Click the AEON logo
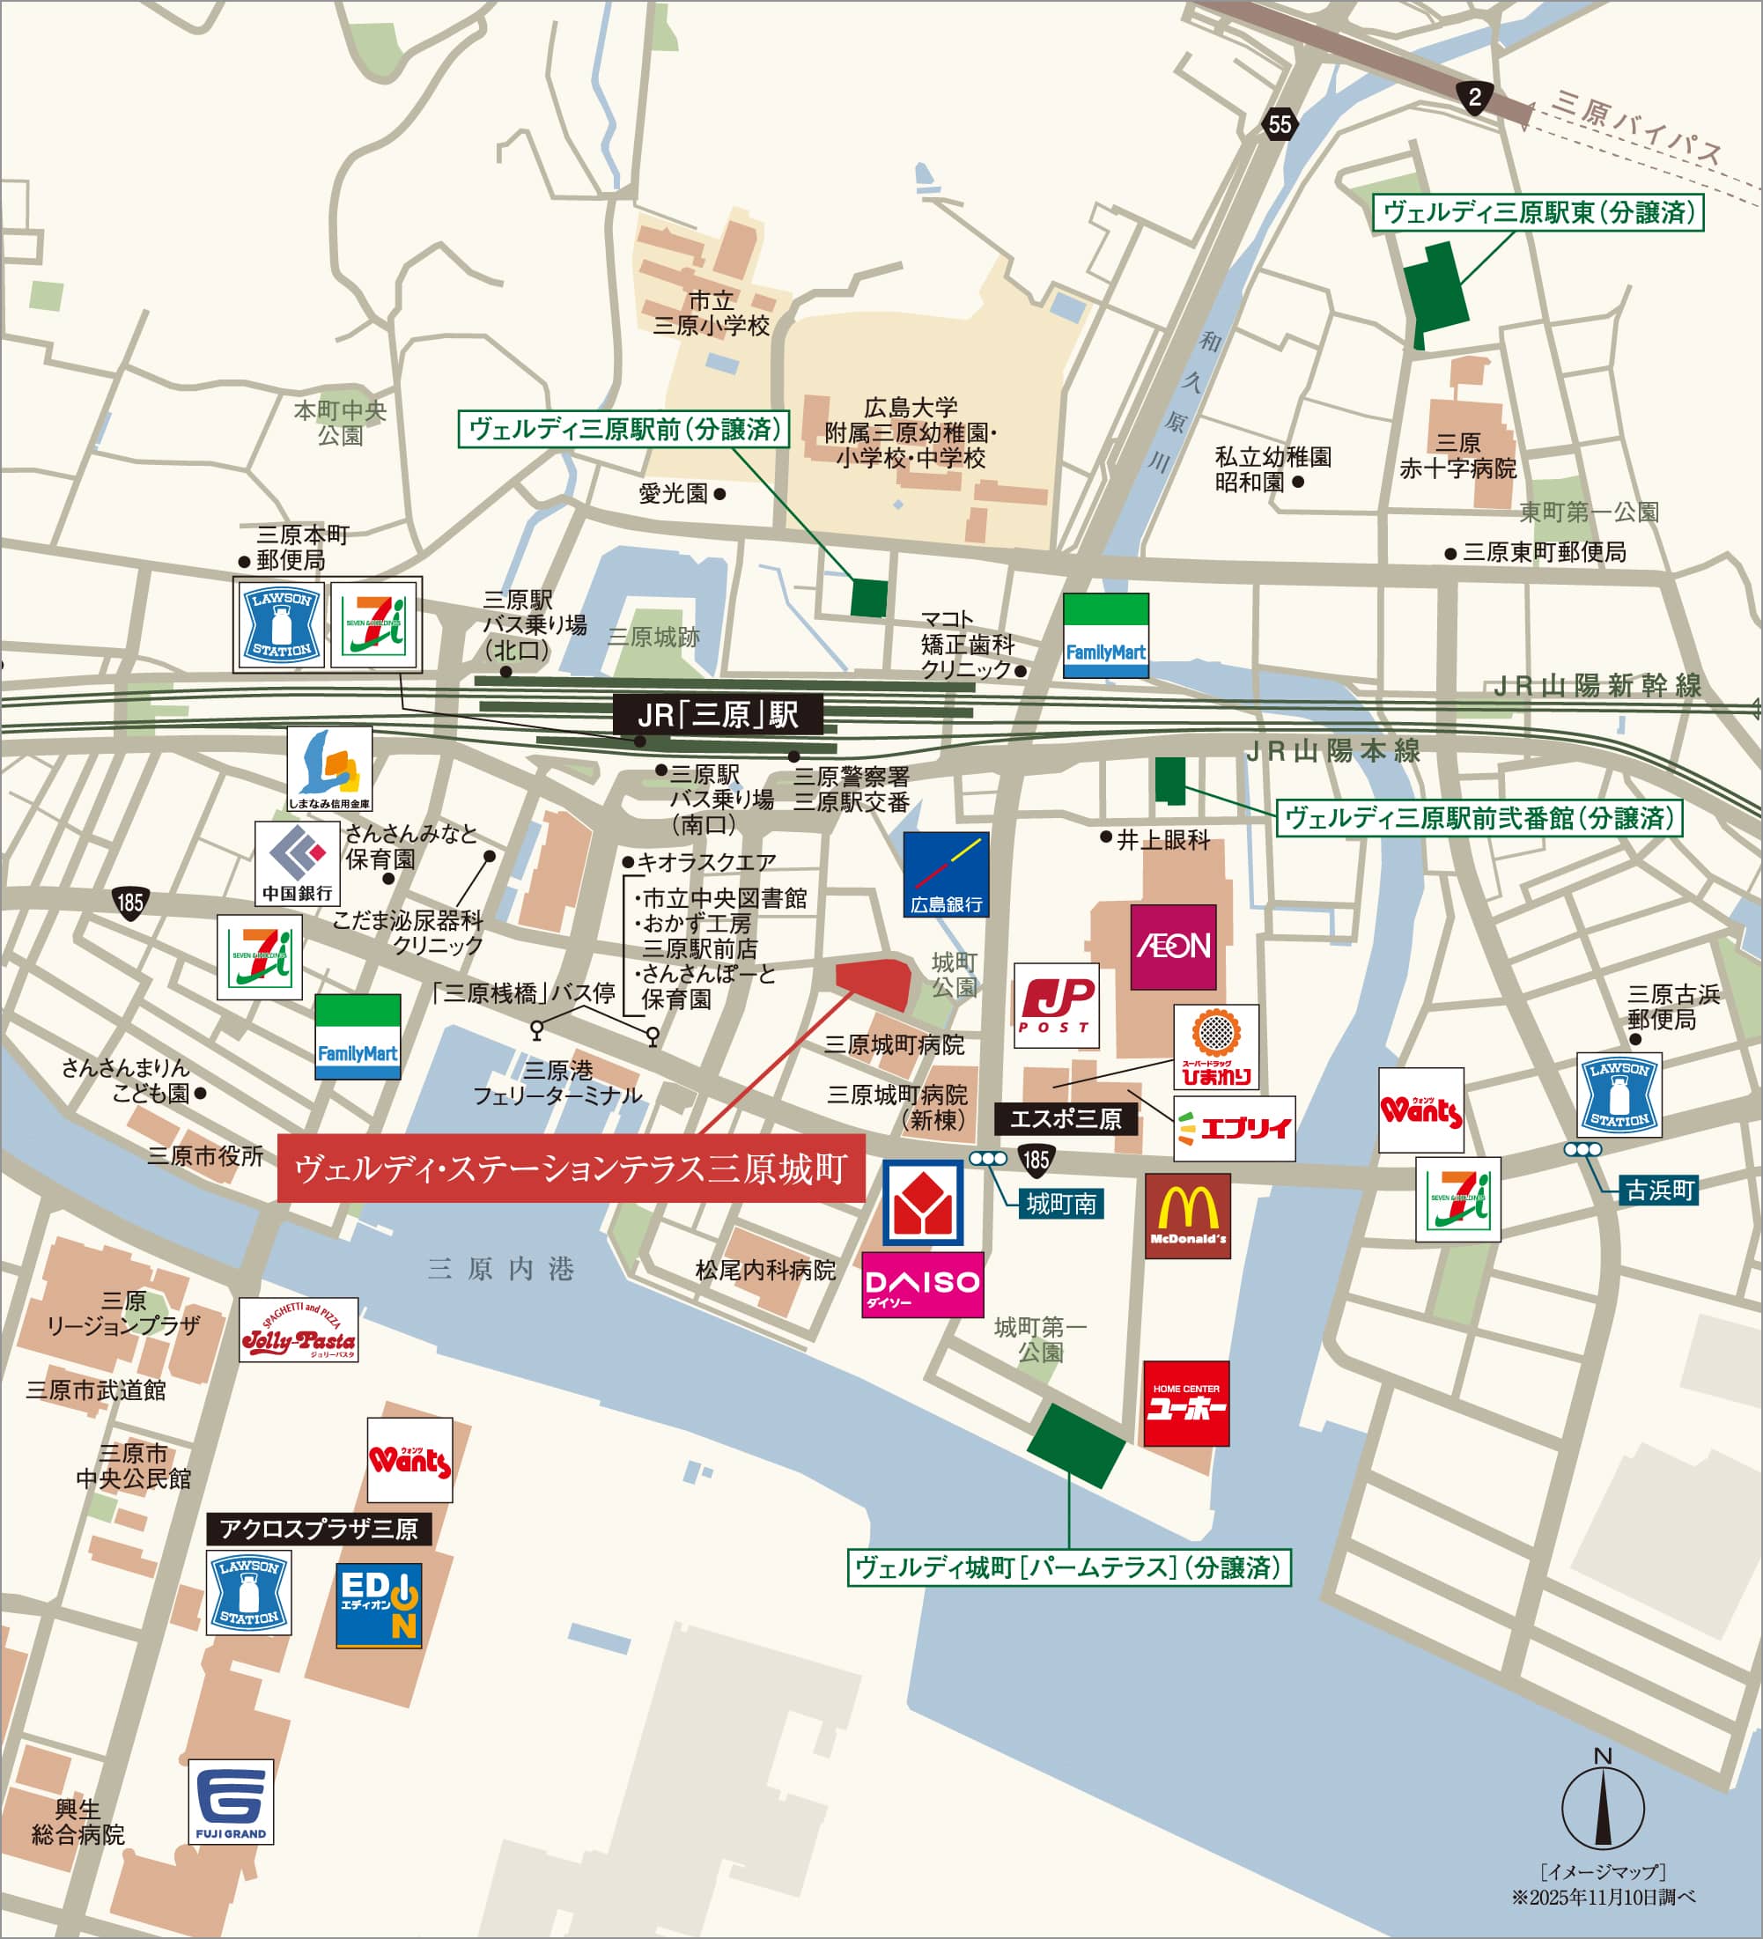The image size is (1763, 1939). click(1172, 947)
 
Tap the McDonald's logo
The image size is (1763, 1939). click(1187, 1216)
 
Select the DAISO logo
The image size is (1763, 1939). click(922, 1284)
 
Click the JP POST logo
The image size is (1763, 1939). click(1056, 1005)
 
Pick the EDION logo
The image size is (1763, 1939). click(379, 1605)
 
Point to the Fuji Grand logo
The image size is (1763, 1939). click(231, 1802)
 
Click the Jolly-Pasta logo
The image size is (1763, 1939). click(299, 1331)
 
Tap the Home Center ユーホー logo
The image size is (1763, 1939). click(1186, 1404)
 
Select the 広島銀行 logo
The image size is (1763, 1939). click(947, 874)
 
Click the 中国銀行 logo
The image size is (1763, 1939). click(297, 864)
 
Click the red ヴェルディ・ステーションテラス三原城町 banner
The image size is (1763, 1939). click(572, 1168)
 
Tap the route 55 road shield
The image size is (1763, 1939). click(1280, 124)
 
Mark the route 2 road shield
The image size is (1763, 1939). click(1474, 96)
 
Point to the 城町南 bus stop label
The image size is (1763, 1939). click(1061, 1203)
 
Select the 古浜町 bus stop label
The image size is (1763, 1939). click(1659, 1190)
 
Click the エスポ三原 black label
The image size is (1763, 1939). click(1065, 1118)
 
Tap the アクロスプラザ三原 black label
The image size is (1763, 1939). click(320, 1530)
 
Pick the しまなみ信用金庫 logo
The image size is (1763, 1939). click(330, 769)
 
